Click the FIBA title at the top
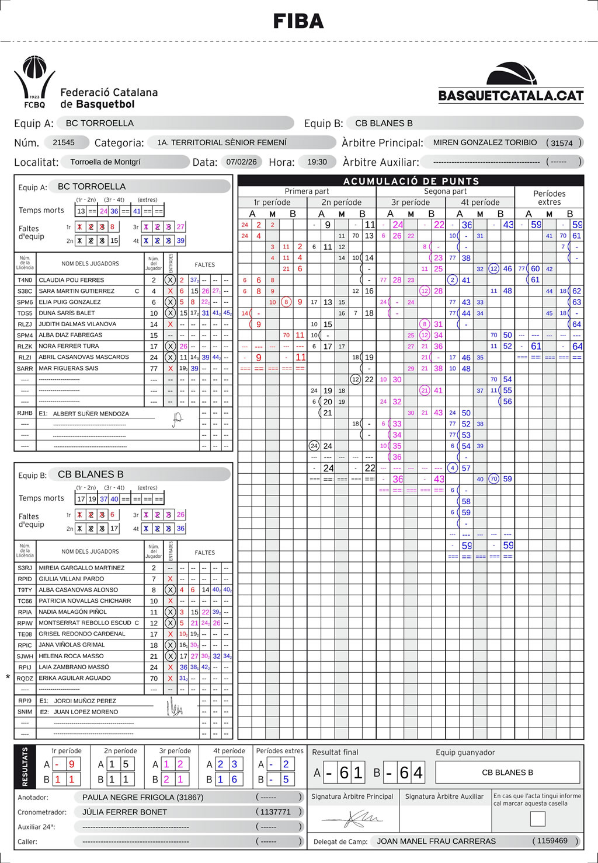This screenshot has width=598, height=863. point(298,22)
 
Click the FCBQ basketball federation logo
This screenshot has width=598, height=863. point(34,82)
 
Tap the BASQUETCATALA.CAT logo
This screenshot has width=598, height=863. point(511,83)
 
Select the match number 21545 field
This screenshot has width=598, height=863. point(64,142)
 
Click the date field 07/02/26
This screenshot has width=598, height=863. point(241,162)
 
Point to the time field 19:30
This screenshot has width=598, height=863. point(317,162)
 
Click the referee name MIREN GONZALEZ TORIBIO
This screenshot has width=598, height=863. point(485,142)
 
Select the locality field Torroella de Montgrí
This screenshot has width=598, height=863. point(106,162)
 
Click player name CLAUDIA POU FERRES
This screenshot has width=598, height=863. point(71,280)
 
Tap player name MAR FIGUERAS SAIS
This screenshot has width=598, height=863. point(68,368)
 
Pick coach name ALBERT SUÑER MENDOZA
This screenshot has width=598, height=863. point(91,414)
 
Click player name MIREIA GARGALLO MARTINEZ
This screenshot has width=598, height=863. point(81,568)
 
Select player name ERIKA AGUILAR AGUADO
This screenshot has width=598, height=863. point(75,678)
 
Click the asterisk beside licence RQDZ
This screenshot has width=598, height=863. point(8,677)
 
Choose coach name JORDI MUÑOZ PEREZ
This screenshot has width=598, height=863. point(85,701)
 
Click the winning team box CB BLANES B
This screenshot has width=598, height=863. point(507,773)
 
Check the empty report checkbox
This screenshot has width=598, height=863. point(537,819)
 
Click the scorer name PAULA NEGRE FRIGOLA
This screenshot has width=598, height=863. point(142,797)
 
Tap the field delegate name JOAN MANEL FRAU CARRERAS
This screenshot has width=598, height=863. point(436,841)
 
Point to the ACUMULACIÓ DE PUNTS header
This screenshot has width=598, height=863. point(411,181)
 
